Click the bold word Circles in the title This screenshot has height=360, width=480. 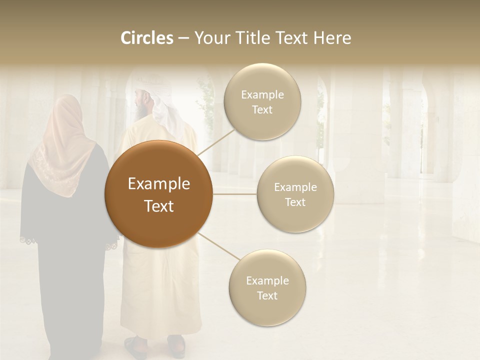point(146,38)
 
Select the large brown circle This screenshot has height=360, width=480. point(158,194)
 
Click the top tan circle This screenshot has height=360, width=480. point(262,101)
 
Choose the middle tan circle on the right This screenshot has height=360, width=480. point(295,194)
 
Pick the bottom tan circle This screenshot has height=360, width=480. point(267,287)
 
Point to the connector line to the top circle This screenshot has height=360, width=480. point(214,141)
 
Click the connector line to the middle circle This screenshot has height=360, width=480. point(235,194)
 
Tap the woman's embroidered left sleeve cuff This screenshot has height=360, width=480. point(28,239)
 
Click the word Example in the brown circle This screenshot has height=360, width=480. point(158,184)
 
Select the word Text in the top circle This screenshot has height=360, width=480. point(262,110)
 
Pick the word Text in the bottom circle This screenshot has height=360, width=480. point(267,296)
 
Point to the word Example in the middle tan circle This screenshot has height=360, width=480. point(295,187)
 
